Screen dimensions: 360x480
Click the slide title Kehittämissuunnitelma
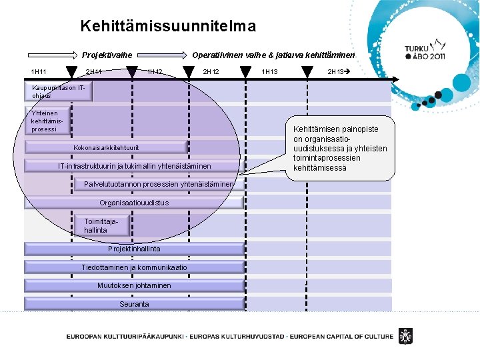coord(167,27)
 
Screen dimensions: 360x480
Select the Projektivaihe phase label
coord(107,55)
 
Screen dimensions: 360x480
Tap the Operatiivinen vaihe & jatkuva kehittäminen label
coord(274,55)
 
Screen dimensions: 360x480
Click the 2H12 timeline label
coord(211,72)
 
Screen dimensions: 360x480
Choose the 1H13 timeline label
coord(270,72)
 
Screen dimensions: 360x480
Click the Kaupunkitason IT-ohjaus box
coord(59,91)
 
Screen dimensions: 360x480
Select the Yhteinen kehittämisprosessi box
coord(48,121)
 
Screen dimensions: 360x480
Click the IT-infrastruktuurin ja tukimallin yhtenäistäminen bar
coord(134,166)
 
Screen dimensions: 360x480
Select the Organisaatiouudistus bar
coord(134,203)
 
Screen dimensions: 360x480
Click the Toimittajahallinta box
coord(95,225)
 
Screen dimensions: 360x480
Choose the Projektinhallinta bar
coord(134,249)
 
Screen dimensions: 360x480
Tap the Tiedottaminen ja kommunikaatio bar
coord(134,267)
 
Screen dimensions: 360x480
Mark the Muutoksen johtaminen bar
coord(134,285)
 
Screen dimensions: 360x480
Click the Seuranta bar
coord(134,304)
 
